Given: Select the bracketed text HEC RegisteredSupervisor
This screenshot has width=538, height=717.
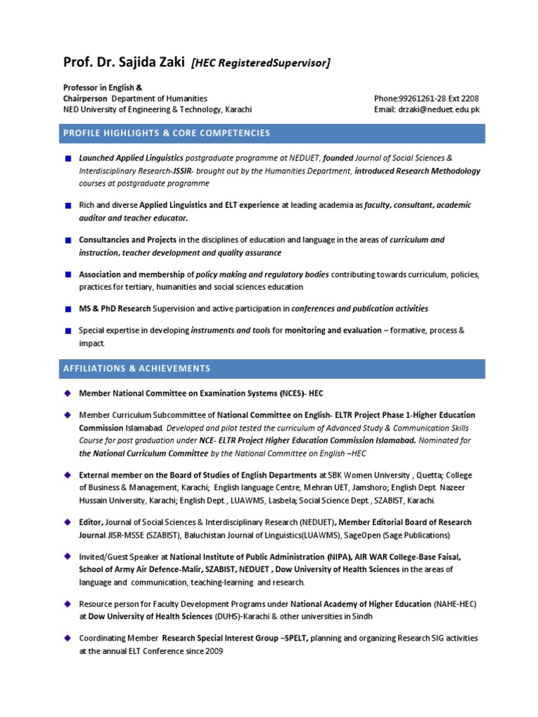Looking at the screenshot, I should pos(260,64).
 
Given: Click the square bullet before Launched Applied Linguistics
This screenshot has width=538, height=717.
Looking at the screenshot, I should pos(67,159).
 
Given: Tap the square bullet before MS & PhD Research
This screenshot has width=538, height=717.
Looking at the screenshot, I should pos(67,309).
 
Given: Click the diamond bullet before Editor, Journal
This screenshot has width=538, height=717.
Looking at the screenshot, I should pos(67,522).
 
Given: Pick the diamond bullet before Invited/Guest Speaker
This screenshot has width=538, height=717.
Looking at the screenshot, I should pos(67,557).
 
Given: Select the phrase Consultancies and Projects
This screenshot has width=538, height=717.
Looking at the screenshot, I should pos(127,239).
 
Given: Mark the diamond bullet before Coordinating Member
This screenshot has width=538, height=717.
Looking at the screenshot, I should pos(67,638).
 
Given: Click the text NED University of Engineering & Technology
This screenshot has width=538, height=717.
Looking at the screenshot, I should pos(158,110).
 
